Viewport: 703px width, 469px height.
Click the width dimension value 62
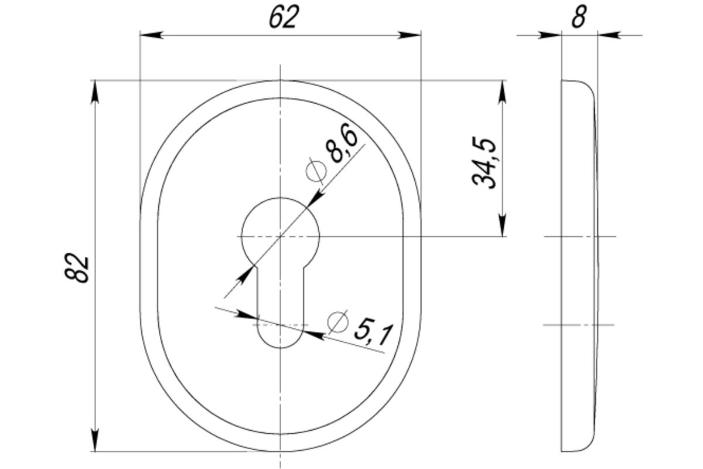tap(284, 17)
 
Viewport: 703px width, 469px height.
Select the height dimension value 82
tap(77, 267)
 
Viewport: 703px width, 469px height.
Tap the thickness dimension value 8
tap(579, 17)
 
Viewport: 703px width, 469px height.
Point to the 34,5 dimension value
tap(484, 163)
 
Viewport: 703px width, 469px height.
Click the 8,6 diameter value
tap(342, 143)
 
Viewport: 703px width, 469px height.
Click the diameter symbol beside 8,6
tap(316, 171)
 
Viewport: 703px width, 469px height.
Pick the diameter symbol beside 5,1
tap(337, 322)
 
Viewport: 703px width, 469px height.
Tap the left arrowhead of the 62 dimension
tap(152, 35)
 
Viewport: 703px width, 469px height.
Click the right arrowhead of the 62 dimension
tap(409, 35)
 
